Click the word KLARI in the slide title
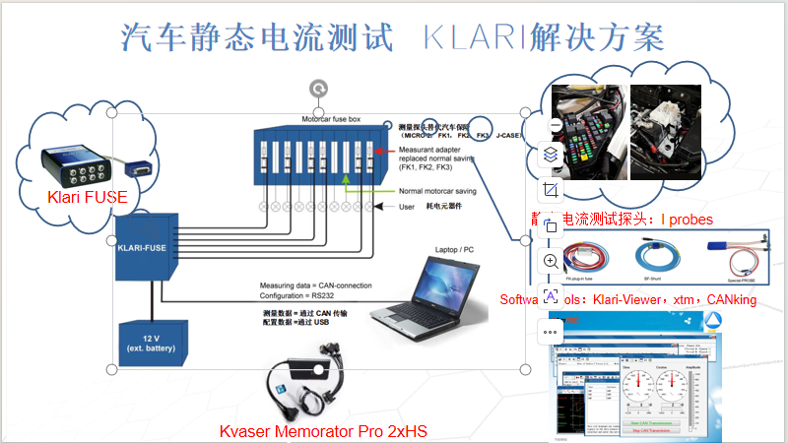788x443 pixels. point(472,37)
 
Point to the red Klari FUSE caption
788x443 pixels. point(88,197)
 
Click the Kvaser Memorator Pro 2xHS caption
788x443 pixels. point(323,431)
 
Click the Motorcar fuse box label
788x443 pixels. point(331,119)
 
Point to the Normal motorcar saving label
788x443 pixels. point(438,190)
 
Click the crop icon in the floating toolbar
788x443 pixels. point(551,189)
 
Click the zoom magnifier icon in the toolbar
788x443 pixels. point(551,261)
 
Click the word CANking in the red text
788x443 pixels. point(731,298)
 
